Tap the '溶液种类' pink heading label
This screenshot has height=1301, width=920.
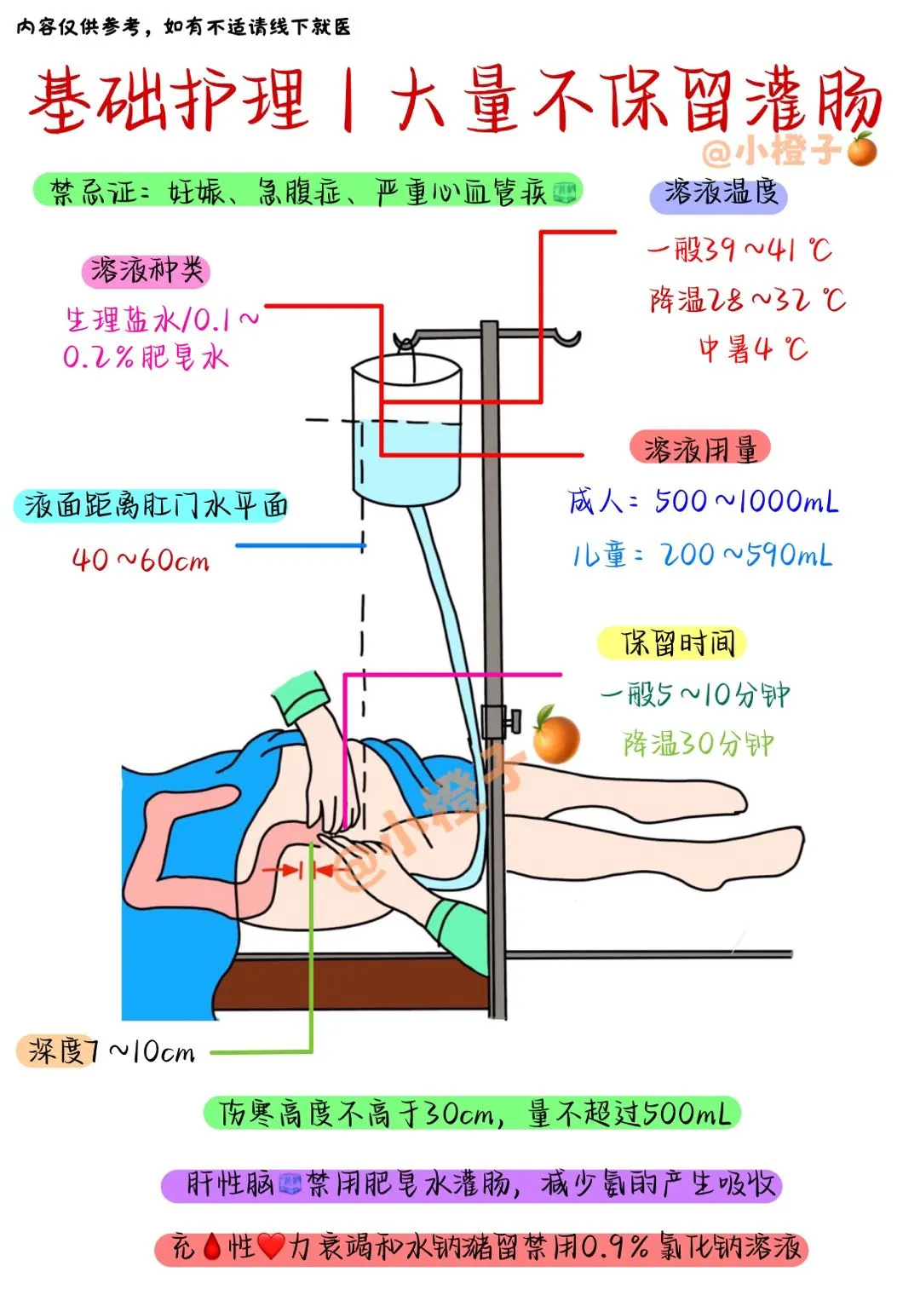click(146, 271)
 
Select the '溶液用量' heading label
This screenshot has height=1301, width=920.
click(700, 448)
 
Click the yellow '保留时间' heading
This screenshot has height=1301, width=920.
click(672, 643)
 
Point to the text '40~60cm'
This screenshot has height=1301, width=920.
click(141, 561)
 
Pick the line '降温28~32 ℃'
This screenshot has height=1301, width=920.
click(747, 300)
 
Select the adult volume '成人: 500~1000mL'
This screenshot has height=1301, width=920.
click(703, 501)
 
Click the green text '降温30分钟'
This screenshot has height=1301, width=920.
click(698, 744)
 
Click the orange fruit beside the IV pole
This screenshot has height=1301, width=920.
click(555, 735)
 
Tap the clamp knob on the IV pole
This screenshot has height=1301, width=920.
click(514, 720)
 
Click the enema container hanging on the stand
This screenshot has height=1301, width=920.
click(407, 430)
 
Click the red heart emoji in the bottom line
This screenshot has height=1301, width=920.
click(271, 1248)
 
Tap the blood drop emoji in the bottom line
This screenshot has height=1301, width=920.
click(213, 1248)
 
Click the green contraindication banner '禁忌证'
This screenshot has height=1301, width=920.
click(307, 190)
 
